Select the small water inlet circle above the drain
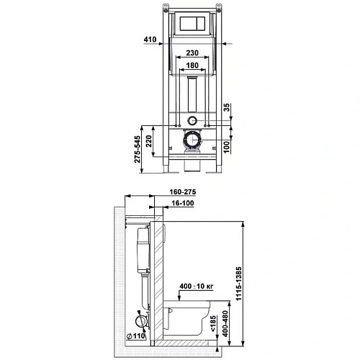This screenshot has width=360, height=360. click(192, 120)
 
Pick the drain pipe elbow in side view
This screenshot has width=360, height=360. click(141, 323)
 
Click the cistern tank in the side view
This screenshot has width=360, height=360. click(142, 252)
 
